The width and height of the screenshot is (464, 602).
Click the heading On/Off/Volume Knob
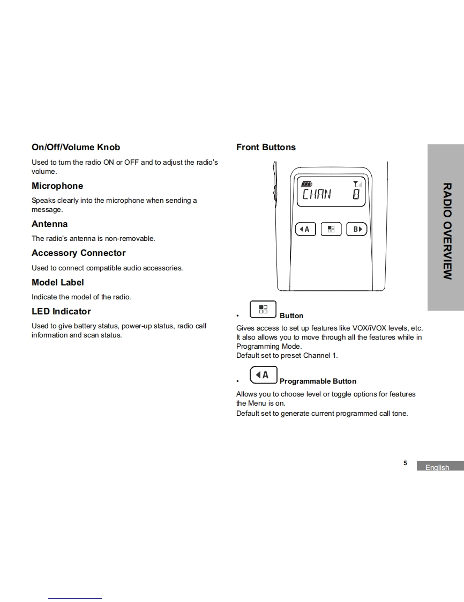tap(76, 147)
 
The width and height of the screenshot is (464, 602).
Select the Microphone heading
tap(57, 186)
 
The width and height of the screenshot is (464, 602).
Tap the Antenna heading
tap(49, 224)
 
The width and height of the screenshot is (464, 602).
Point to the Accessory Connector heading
tap(78, 253)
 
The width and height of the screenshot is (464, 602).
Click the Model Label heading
tap(57, 282)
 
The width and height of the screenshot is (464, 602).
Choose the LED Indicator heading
tap(61, 311)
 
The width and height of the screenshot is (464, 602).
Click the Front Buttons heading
tap(266, 147)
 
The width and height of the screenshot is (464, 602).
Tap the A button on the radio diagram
tap(305, 229)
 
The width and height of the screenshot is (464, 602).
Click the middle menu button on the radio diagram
tap(331, 229)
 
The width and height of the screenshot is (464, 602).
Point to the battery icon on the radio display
tap(306, 183)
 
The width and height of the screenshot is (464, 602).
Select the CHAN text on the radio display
tap(317, 194)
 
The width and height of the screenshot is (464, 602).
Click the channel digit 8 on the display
tap(356, 194)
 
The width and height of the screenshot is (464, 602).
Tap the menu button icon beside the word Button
tap(263, 310)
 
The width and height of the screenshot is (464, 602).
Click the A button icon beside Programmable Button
tap(263, 375)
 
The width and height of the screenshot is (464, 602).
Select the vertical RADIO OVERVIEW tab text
tap(447, 231)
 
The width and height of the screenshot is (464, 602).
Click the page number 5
tap(405, 463)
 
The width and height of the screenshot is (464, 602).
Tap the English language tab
tap(437, 467)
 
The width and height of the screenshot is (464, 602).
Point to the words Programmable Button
tap(318, 381)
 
